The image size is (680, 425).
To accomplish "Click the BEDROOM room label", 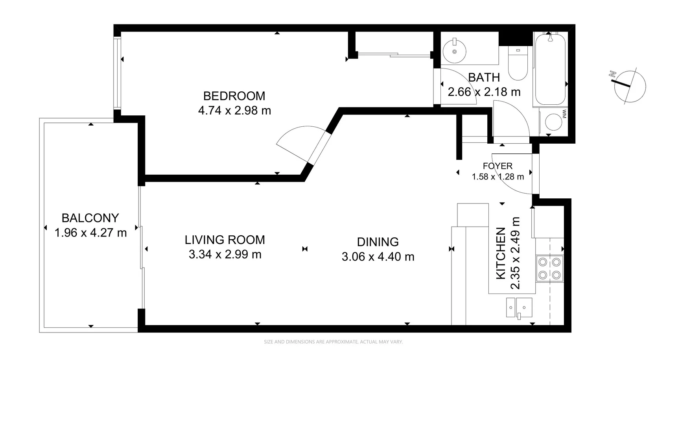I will tap(234, 96).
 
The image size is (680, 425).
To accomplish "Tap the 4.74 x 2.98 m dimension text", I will tap(234, 111).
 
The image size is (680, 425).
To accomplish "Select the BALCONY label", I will tap(90, 218).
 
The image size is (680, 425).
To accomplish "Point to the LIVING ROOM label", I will tap(225, 240).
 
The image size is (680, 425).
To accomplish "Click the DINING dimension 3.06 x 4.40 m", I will tap(378, 257).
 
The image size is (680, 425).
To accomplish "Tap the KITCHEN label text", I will tap(501, 253).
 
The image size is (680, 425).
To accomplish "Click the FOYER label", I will tap(498, 166).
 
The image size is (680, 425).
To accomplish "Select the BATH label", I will tap(484, 78).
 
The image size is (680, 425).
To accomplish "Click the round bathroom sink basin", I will tap(454, 52).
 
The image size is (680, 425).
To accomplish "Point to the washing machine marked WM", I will tap(554, 122).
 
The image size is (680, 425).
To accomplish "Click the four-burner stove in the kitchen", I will tap(549, 268).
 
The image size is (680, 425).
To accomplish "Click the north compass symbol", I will tap(629, 86).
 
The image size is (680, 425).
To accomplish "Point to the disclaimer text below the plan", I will tap(333, 342).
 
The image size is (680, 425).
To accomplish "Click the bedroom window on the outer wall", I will tap(117, 72).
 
